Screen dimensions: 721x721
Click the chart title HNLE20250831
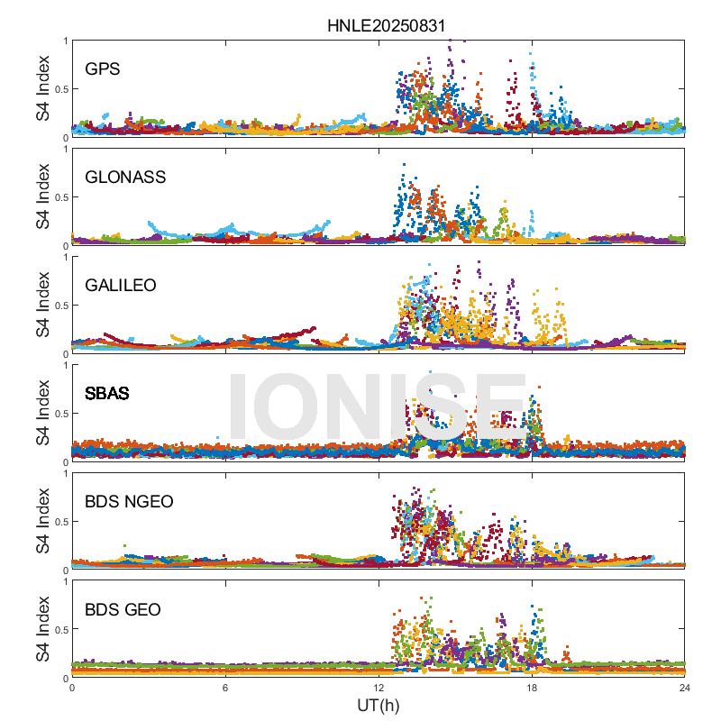pyautogui.click(x=378, y=25)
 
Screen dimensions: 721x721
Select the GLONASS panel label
pyautogui.click(x=125, y=177)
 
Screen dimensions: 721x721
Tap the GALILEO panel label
pyautogui.click(x=121, y=285)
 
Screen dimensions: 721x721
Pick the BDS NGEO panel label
pyautogui.click(x=130, y=501)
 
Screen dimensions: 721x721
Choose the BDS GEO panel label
pyautogui.click(x=123, y=610)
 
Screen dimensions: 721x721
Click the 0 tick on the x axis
pyautogui.click(x=72, y=687)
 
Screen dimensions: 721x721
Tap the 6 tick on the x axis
pyautogui.click(x=225, y=687)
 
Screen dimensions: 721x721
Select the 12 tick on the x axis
pyautogui.click(x=379, y=687)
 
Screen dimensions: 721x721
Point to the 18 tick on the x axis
pyautogui.click(x=532, y=687)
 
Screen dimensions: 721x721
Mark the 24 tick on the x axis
pyautogui.click(x=685, y=687)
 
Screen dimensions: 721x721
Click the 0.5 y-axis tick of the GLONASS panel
pyautogui.click(x=59, y=197)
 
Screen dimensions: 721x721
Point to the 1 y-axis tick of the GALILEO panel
pyautogui.click(x=64, y=257)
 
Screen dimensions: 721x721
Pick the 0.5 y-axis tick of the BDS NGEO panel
pyautogui.click(x=59, y=522)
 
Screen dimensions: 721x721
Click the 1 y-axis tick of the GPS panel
pyautogui.click(x=64, y=41)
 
